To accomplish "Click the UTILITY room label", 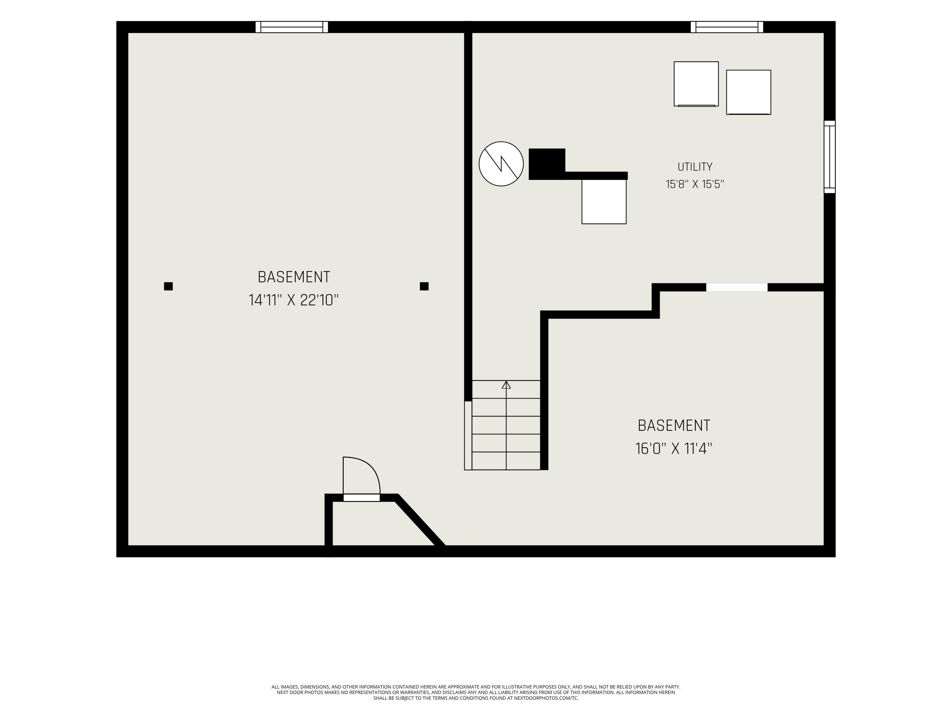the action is (695, 167).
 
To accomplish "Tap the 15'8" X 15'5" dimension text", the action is (695, 184).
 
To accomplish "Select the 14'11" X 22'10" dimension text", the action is (294, 300).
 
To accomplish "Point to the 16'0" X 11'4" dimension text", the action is (674, 449).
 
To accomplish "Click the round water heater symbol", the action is (501, 164).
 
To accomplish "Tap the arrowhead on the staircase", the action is (506, 385).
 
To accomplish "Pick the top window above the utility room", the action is (727, 27).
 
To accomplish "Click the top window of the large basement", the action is (292, 27).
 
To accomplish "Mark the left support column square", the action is (168, 286).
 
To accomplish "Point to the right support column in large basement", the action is (424, 286).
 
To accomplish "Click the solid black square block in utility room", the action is (546, 163).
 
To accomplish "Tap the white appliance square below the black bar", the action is (604, 202).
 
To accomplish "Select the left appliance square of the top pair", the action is (696, 84).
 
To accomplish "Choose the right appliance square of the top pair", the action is (748, 92).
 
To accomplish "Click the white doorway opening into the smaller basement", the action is (737, 287).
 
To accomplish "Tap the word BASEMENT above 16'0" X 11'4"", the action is (674, 426).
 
